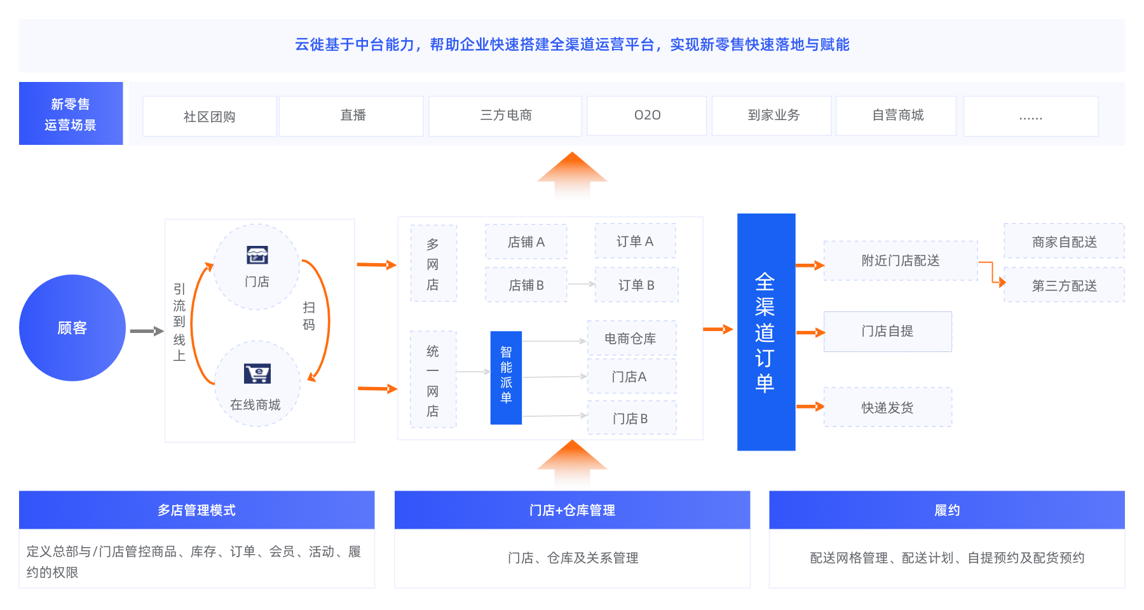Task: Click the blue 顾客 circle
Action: tap(72, 328)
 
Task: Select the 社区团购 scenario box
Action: tap(210, 116)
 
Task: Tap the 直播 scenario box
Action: tap(351, 116)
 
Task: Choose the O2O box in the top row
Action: tap(646, 116)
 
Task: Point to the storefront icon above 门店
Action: tap(257, 255)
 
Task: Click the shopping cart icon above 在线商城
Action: tap(257, 373)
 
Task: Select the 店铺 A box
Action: tap(526, 242)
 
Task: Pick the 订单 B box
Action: tap(636, 285)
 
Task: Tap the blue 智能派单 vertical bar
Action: tap(506, 377)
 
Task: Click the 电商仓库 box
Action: tap(631, 339)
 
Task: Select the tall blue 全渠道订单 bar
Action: tap(766, 332)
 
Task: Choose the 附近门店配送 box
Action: tap(900, 261)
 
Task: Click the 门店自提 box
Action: tap(887, 331)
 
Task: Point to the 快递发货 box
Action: tap(887, 407)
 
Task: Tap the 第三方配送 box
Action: tap(1064, 285)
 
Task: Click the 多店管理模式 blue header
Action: tap(196, 510)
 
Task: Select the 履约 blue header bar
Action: tap(946, 510)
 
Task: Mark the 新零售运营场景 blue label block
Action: tap(71, 114)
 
